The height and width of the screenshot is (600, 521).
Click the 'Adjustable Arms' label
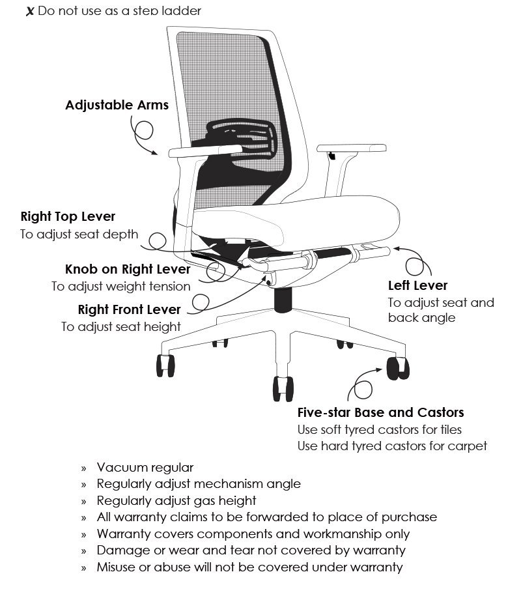pyautogui.click(x=117, y=105)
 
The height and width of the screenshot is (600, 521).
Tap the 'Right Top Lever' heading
pyautogui.click(x=68, y=216)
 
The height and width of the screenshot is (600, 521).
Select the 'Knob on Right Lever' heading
pyautogui.click(x=128, y=269)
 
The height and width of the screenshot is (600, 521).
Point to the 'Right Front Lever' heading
pyautogui.click(x=129, y=309)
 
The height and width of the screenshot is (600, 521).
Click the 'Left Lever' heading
pyautogui.click(x=417, y=285)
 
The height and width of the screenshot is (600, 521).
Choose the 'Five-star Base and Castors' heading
pyautogui.click(x=380, y=412)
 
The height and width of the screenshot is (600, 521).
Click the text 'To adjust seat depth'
pyautogui.click(x=79, y=234)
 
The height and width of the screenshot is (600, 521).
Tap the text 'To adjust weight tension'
pyautogui.click(x=121, y=286)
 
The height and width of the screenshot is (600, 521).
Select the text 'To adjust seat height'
pyautogui.click(x=121, y=326)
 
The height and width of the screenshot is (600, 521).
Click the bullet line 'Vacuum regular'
pyautogui.click(x=145, y=467)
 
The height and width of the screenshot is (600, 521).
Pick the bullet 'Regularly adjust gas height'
pyautogui.click(x=176, y=500)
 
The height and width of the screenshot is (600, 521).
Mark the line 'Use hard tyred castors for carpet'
pyautogui.click(x=392, y=446)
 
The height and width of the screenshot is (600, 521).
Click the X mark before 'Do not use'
pyautogui.click(x=30, y=12)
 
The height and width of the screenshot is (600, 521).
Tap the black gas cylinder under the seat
pyautogui.click(x=283, y=300)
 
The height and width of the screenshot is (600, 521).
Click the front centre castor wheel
pyautogui.click(x=283, y=389)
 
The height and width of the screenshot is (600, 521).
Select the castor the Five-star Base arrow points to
pyautogui.click(x=398, y=368)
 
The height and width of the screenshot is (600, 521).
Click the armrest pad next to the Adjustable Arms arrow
pyautogui.click(x=205, y=151)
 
